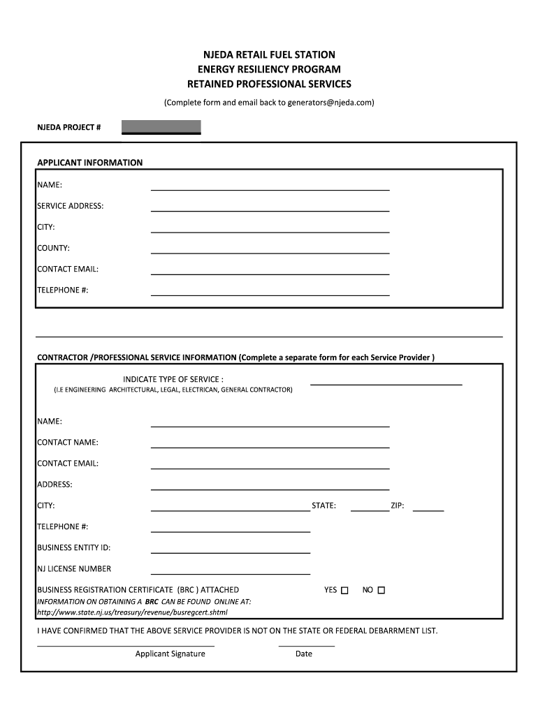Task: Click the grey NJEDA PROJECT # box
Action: click(x=161, y=127)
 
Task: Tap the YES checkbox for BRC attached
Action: click(x=344, y=591)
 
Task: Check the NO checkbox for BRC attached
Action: click(x=381, y=591)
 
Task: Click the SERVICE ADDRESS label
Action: click(x=71, y=206)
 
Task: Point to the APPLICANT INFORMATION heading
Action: click(x=89, y=163)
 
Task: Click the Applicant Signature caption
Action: click(x=170, y=654)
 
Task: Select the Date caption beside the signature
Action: click(x=304, y=654)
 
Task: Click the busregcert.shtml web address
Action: click(x=132, y=612)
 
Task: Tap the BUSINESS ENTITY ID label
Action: click(x=74, y=547)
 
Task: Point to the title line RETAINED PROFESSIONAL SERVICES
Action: click(x=269, y=84)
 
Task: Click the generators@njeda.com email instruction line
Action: click(x=269, y=103)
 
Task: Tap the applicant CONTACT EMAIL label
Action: click(x=68, y=269)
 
